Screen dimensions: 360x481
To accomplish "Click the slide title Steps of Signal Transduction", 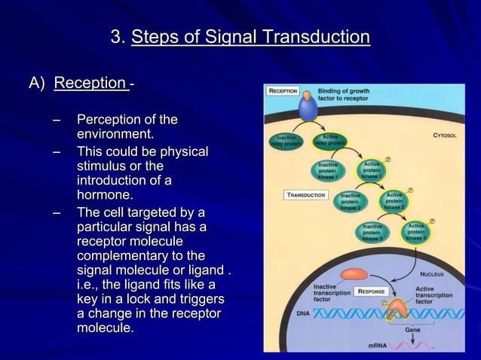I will [250, 38].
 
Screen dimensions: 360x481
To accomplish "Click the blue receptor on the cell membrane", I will [308, 108].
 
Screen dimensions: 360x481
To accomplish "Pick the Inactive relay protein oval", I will [286, 141].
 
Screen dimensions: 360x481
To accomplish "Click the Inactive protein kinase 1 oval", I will [328, 170].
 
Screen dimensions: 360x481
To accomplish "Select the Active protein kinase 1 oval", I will [372, 170].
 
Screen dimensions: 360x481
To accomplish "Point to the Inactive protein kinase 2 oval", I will [350, 201].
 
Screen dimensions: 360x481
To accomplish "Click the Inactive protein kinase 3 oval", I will [372, 233].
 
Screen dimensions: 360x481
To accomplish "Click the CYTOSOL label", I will [449, 136].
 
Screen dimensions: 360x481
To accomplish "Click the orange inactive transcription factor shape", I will [354, 276].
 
